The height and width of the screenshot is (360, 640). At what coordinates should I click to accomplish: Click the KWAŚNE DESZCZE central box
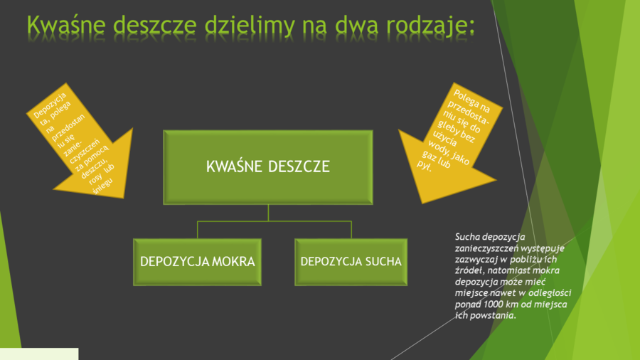tap(268, 167)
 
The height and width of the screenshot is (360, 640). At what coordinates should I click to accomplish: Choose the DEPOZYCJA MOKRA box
tap(197, 262)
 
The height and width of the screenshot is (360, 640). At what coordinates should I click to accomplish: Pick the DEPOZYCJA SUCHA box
tap(351, 262)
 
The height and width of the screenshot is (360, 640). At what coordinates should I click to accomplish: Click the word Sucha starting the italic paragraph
tap(466, 236)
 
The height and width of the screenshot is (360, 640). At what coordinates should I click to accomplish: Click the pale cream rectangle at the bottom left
tap(38, 354)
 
